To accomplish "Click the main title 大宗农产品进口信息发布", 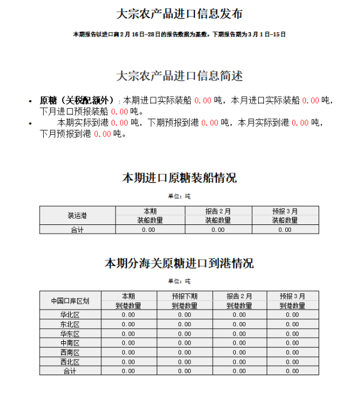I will tap(179, 14).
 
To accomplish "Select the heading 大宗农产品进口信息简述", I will tap(179, 76).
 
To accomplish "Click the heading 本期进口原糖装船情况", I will tap(179, 178).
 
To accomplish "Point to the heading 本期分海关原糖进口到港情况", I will tap(179, 264).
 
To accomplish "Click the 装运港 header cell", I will tap(77, 215).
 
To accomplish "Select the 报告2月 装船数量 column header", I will tap(218, 215).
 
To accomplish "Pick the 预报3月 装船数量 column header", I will tap(285, 215).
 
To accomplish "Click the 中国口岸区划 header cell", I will tap(70, 301).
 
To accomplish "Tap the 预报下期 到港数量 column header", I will tap(185, 301).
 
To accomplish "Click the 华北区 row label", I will tap(70, 315).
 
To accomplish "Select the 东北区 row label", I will tap(70, 325).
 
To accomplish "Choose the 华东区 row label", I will tap(70, 334).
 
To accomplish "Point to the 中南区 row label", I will tap(70, 343).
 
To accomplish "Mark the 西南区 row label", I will tap(70, 352).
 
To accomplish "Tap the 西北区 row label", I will tap(70, 362).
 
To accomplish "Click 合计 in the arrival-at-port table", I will tap(70, 371).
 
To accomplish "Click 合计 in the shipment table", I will tap(77, 230).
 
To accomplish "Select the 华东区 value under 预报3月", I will tap(292, 334).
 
